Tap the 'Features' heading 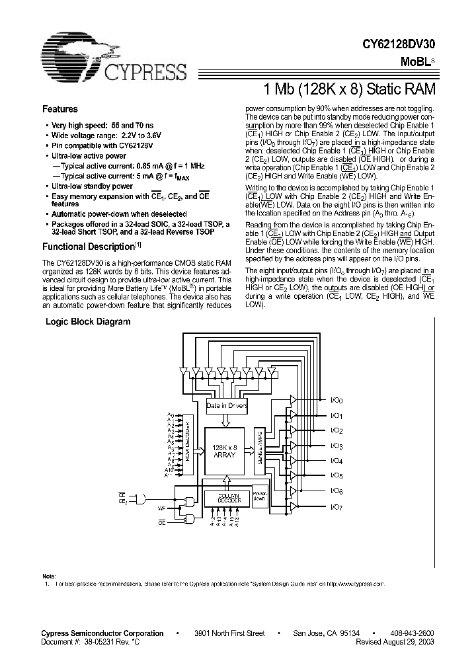pyautogui.click(x=60, y=110)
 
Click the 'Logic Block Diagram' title pyautogui.click(x=87, y=322)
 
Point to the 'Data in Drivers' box pyautogui.click(x=226, y=405)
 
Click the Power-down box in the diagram pyautogui.click(x=260, y=495)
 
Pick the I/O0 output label pyautogui.click(x=336, y=401)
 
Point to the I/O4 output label pyautogui.click(x=336, y=461)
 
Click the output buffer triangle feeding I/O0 pyautogui.click(x=292, y=400)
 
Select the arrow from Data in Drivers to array pyautogui.click(x=226, y=420)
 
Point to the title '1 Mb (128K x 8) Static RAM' pyautogui.click(x=349, y=89)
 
